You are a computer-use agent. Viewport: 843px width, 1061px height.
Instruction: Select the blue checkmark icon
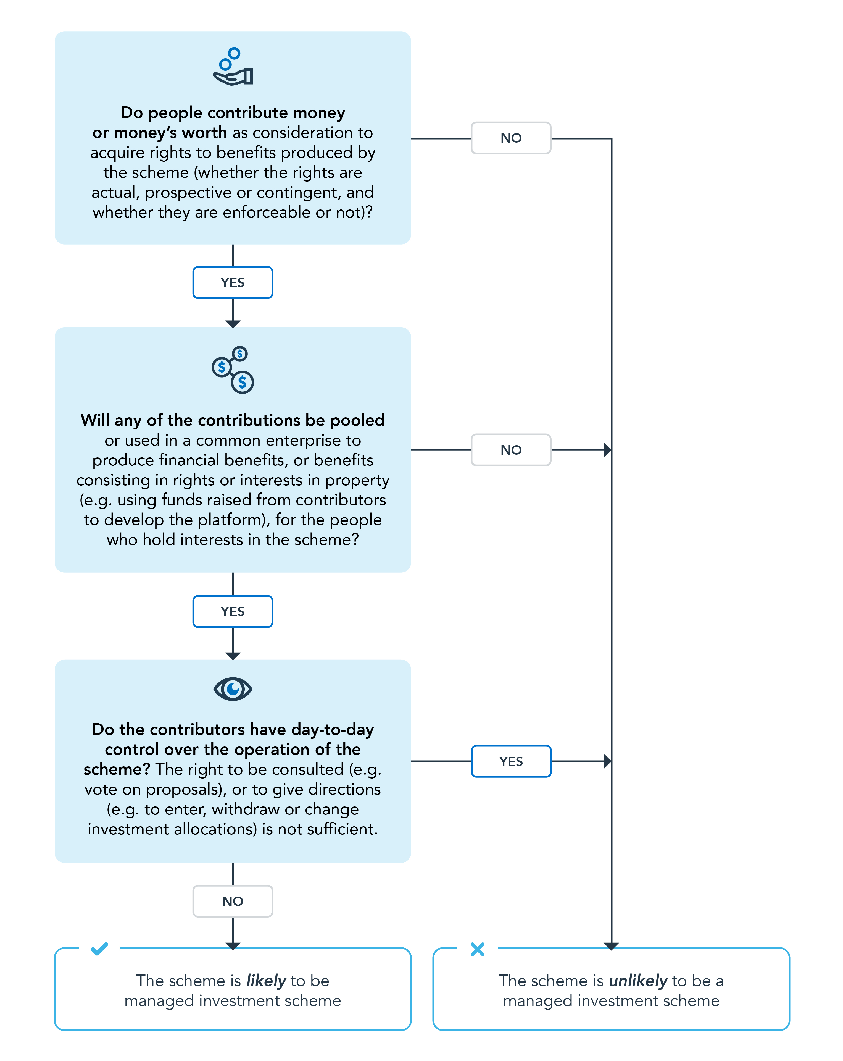tap(99, 948)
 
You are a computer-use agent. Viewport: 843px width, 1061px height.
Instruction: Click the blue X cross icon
tap(477, 949)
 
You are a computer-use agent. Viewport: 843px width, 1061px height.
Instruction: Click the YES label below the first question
tap(233, 282)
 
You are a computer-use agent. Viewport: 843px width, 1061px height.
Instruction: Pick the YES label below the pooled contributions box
tap(233, 611)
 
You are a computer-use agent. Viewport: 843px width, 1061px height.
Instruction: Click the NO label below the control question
tap(233, 901)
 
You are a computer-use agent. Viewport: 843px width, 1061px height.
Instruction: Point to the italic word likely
tap(266, 981)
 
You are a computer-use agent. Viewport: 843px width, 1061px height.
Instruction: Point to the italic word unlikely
tap(637, 981)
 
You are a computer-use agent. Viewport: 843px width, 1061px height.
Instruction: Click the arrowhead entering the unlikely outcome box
tap(611, 945)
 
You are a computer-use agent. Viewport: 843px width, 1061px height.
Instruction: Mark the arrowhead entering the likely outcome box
tap(233, 945)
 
